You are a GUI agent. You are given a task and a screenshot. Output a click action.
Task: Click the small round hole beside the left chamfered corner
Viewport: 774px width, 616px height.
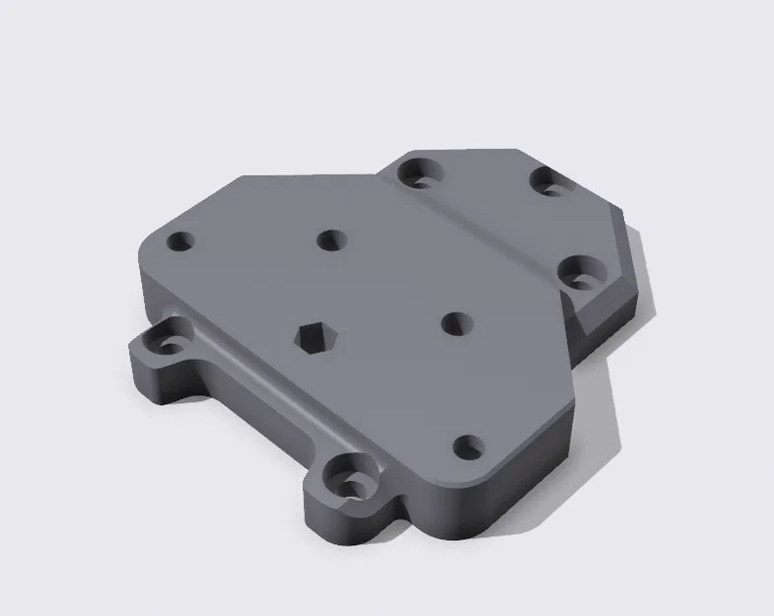tap(180, 240)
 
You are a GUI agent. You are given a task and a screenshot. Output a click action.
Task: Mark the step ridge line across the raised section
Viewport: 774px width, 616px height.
tap(483, 238)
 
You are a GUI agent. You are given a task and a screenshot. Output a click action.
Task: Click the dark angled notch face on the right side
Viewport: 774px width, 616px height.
tap(601, 313)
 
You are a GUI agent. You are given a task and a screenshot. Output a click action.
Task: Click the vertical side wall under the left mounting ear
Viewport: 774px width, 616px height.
tap(158, 384)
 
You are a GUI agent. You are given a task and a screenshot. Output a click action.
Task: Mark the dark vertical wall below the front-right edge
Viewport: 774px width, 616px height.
tap(532, 463)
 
